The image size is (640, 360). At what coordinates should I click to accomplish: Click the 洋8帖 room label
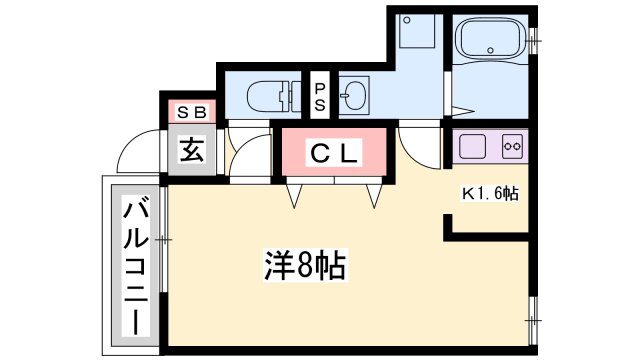coord(305,266)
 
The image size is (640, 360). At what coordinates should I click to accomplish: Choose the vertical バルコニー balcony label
coord(134,269)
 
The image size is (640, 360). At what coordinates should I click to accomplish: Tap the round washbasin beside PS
coord(353,97)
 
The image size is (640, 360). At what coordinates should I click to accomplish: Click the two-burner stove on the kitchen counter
coord(512,146)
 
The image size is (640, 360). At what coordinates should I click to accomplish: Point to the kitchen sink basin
coord(474,146)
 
